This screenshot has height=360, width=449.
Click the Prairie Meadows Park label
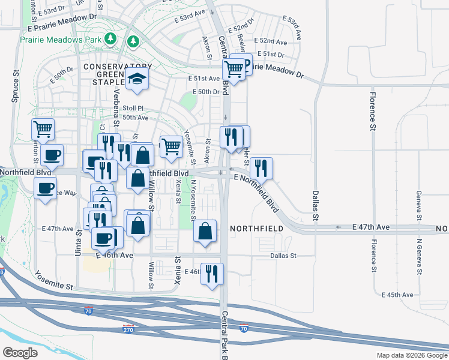tap(60, 40)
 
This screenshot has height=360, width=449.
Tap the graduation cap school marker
tap(137, 79)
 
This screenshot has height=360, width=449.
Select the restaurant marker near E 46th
tap(212, 274)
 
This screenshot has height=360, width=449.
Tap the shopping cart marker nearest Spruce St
tap(43, 128)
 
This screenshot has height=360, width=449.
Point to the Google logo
tap(20, 353)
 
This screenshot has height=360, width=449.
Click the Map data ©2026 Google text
tap(412, 355)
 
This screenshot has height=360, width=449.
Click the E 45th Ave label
tap(397, 295)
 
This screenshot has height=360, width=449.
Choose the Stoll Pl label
tap(133, 109)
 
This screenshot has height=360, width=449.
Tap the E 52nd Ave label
tap(270, 41)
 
